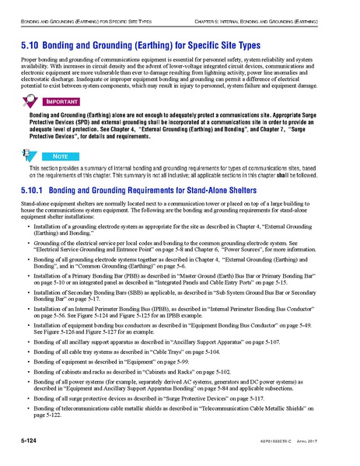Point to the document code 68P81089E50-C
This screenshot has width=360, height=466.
(287, 443)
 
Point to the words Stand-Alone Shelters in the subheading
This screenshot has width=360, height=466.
(218, 189)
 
